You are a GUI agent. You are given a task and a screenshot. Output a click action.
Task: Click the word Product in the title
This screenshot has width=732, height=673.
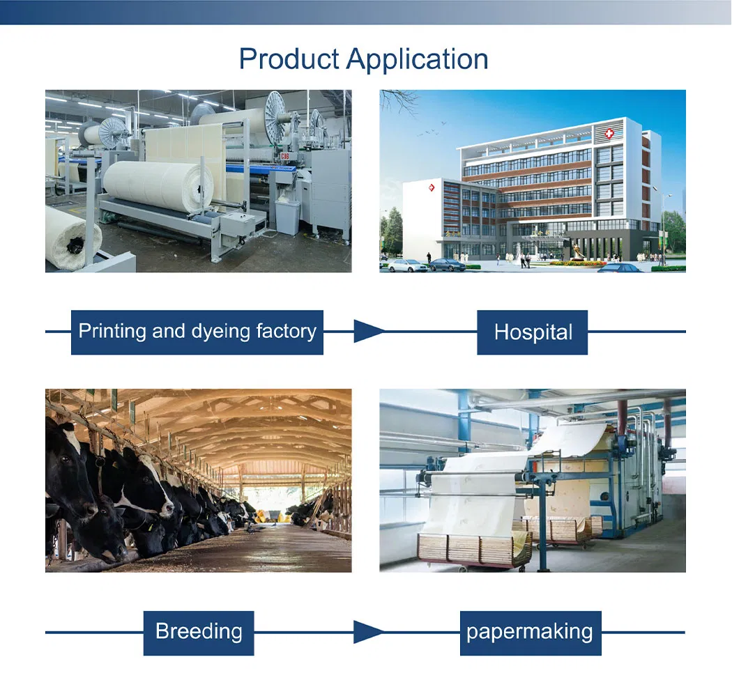(289, 59)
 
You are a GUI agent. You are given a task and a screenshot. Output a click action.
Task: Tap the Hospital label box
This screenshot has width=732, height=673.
(533, 332)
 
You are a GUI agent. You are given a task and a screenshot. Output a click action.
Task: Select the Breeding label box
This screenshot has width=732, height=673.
(199, 632)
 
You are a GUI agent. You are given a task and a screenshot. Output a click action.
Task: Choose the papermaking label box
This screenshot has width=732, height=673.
(530, 632)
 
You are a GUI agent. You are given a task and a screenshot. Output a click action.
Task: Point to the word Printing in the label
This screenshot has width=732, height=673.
(112, 331)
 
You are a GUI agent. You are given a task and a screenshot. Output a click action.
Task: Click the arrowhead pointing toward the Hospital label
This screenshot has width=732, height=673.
(368, 332)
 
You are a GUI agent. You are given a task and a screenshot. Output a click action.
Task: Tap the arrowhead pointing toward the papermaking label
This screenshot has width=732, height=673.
(368, 633)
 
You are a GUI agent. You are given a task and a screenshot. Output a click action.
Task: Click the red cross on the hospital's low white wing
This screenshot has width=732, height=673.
(429, 187)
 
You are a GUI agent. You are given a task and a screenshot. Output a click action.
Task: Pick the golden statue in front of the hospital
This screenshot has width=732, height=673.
(578, 249)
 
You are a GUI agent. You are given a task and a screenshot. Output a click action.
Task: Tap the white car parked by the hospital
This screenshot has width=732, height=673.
(408, 265)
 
